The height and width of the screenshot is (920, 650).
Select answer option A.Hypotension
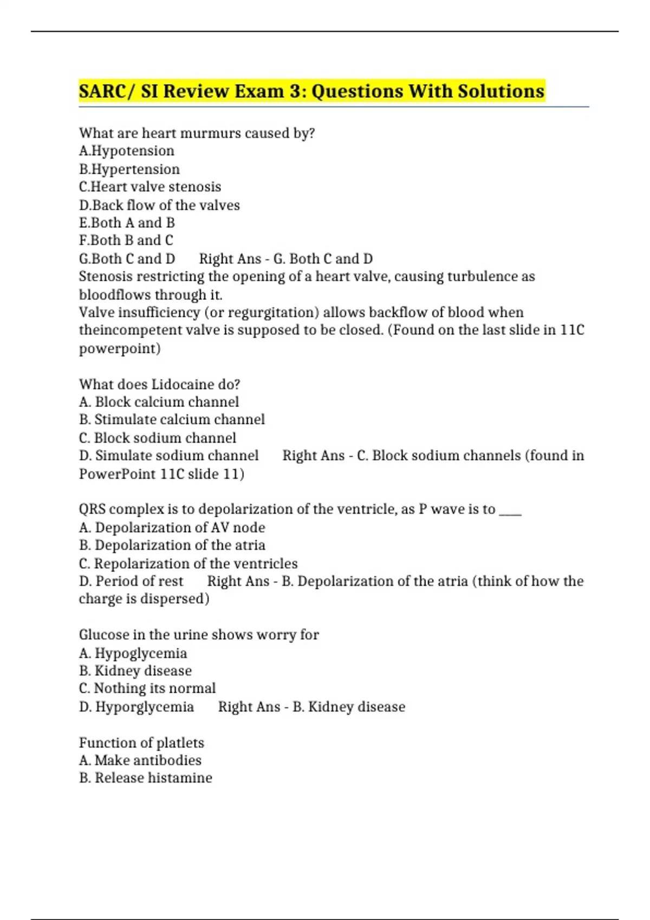click(127, 150)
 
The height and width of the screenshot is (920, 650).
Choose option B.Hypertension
click(129, 169)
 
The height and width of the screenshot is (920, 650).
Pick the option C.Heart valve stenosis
click(150, 187)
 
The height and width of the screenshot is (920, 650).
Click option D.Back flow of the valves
click(159, 205)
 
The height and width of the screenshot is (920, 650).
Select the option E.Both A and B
click(127, 222)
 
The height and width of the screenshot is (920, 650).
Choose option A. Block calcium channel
click(159, 402)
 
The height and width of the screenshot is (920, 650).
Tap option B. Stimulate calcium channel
click(172, 419)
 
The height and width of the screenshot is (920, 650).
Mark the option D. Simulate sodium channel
click(168, 455)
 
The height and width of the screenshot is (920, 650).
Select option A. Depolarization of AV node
click(172, 527)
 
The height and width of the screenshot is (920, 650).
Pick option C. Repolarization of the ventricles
click(188, 563)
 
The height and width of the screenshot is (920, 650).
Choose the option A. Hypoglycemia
click(133, 653)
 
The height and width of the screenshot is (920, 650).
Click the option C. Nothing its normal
click(147, 688)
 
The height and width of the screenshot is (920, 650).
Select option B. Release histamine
click(145, 778)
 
